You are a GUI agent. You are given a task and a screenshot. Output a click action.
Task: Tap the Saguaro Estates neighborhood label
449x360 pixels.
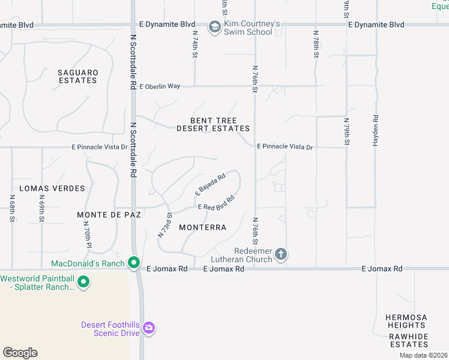[77, 76]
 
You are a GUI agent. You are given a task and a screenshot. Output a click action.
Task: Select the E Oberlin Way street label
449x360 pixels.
[160, 86]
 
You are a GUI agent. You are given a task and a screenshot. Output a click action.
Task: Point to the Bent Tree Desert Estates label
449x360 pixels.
[212, 124]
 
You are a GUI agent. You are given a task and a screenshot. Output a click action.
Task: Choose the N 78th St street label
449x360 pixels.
[316, 44]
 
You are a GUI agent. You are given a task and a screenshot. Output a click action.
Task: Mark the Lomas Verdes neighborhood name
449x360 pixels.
[52, 188]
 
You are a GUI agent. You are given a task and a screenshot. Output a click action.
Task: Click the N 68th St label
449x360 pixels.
[12, 208]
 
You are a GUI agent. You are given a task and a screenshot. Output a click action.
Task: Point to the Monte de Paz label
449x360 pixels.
[109, 214]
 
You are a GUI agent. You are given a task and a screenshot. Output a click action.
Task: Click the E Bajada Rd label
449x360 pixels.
[209, 184]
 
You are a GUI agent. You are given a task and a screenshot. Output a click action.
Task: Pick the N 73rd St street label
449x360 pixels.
[164, 224]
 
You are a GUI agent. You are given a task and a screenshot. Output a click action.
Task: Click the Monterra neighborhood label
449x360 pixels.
[203, 227]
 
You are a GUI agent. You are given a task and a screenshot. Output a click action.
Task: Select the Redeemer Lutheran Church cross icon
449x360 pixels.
[280, 254]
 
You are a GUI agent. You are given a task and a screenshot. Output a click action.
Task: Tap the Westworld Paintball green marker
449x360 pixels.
[83, 281]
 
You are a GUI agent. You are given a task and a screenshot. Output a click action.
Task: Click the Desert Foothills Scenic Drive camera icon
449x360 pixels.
[149, 328]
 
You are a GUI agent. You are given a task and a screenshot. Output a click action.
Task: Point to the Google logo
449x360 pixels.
[20, 353]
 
